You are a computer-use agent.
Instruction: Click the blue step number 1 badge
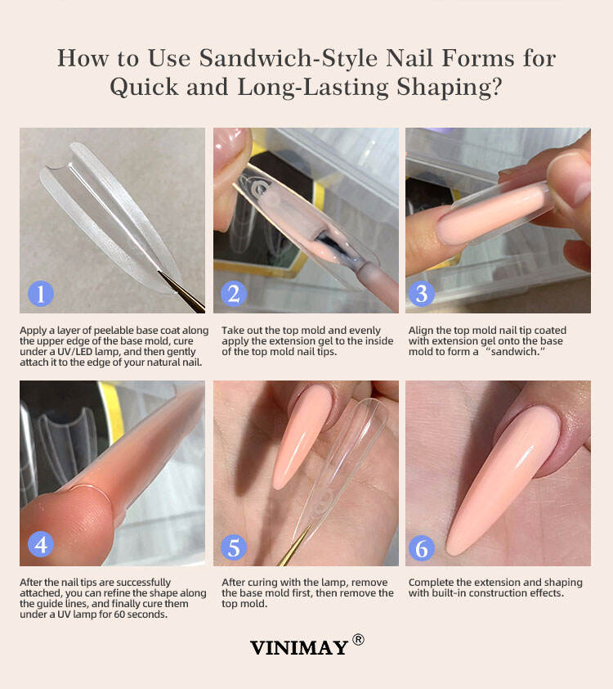pos(41,294)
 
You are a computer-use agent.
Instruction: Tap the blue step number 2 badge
pos(234,294)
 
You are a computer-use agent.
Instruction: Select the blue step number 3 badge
pos(421,294)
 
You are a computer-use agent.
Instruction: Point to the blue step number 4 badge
pos(41,544)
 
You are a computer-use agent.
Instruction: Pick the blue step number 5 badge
pos(234,547)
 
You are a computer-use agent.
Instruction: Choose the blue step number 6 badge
pos(421,547)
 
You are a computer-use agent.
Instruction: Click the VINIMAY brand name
pos(299,648)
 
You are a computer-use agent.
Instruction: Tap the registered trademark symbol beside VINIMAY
pos(358,639)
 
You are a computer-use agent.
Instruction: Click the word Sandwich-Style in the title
pos(288,58)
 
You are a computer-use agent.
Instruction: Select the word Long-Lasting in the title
pos(313,87)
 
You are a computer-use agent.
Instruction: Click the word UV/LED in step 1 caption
pos(74,352)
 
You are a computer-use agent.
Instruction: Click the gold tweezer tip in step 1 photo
pos(159,272)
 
